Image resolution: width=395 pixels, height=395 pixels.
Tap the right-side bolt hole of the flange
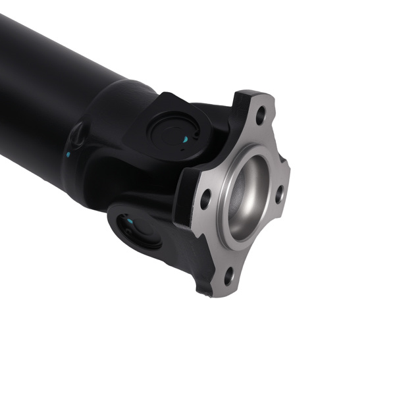279,194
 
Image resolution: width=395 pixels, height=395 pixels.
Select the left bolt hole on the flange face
205,199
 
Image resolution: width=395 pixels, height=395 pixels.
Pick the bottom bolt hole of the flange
228,276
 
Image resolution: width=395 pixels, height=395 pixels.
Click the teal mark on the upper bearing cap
186,140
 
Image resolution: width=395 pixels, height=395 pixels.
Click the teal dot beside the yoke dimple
68,155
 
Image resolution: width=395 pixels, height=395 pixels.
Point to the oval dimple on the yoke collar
77,136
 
